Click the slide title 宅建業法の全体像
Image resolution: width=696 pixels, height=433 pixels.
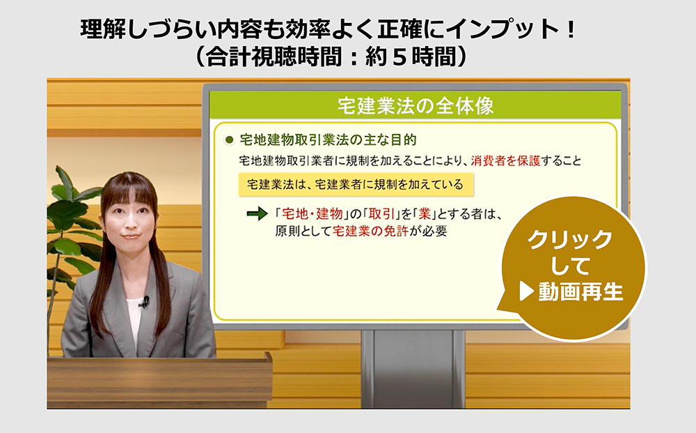[416, 106]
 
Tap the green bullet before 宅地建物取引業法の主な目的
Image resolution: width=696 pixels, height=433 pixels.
[229, 140]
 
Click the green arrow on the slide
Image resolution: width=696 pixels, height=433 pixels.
[257, 214]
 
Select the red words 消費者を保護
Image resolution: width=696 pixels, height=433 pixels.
[505, 161]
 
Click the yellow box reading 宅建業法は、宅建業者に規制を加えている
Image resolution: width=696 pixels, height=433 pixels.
[356, 185]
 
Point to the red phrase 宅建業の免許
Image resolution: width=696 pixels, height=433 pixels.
[370, 231]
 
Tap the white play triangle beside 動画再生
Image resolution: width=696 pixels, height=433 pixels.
[526, 291]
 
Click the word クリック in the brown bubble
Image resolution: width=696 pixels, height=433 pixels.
[570, 240]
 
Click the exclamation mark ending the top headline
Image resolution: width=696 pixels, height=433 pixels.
[571, 30]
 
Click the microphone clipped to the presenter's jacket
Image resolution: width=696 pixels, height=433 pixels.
[145, 302]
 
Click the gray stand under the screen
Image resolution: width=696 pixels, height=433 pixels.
[413, 369]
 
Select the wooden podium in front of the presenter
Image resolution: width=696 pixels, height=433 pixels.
[159, 381]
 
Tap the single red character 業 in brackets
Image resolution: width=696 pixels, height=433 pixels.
[425, 214]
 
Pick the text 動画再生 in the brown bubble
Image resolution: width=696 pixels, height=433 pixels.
[581, 292]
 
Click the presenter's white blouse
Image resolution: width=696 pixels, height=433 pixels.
[133, 318]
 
